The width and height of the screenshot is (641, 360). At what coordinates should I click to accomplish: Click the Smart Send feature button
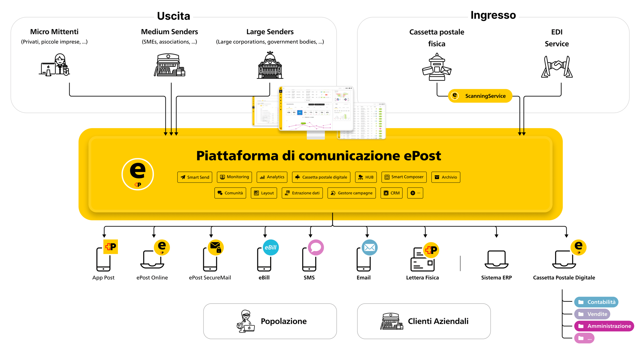[195, 177]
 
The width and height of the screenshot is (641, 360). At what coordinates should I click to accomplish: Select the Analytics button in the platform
[272, 177]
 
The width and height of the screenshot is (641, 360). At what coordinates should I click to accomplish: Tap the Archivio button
[445, 177]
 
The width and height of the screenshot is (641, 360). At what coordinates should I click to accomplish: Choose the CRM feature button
[391, 193]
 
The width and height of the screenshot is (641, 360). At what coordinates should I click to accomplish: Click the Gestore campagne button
[351, 193]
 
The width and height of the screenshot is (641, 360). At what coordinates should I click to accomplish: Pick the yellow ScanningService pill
[480, 96]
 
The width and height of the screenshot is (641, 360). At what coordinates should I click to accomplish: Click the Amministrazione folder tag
[604, 326]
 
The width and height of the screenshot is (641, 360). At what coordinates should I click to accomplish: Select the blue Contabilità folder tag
[596, 302]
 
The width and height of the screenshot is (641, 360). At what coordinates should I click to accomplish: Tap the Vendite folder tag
[592, 314]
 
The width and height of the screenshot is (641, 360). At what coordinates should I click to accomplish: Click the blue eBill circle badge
[271, 248]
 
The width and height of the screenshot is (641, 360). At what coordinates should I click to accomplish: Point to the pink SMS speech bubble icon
[316, 247]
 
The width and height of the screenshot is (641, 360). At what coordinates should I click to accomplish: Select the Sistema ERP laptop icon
[496, 259]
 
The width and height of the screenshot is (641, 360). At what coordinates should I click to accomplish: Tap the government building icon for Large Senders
[270, 65]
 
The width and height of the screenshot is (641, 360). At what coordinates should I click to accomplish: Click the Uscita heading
[173, 16]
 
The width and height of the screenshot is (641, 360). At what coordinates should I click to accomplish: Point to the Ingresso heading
[493, 15]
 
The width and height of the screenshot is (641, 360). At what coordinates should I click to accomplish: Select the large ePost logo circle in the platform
[138, 174]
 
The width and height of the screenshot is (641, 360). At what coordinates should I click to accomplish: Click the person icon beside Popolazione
[246, 321]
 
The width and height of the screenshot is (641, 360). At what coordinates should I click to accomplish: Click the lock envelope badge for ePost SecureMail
[216, 247]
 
